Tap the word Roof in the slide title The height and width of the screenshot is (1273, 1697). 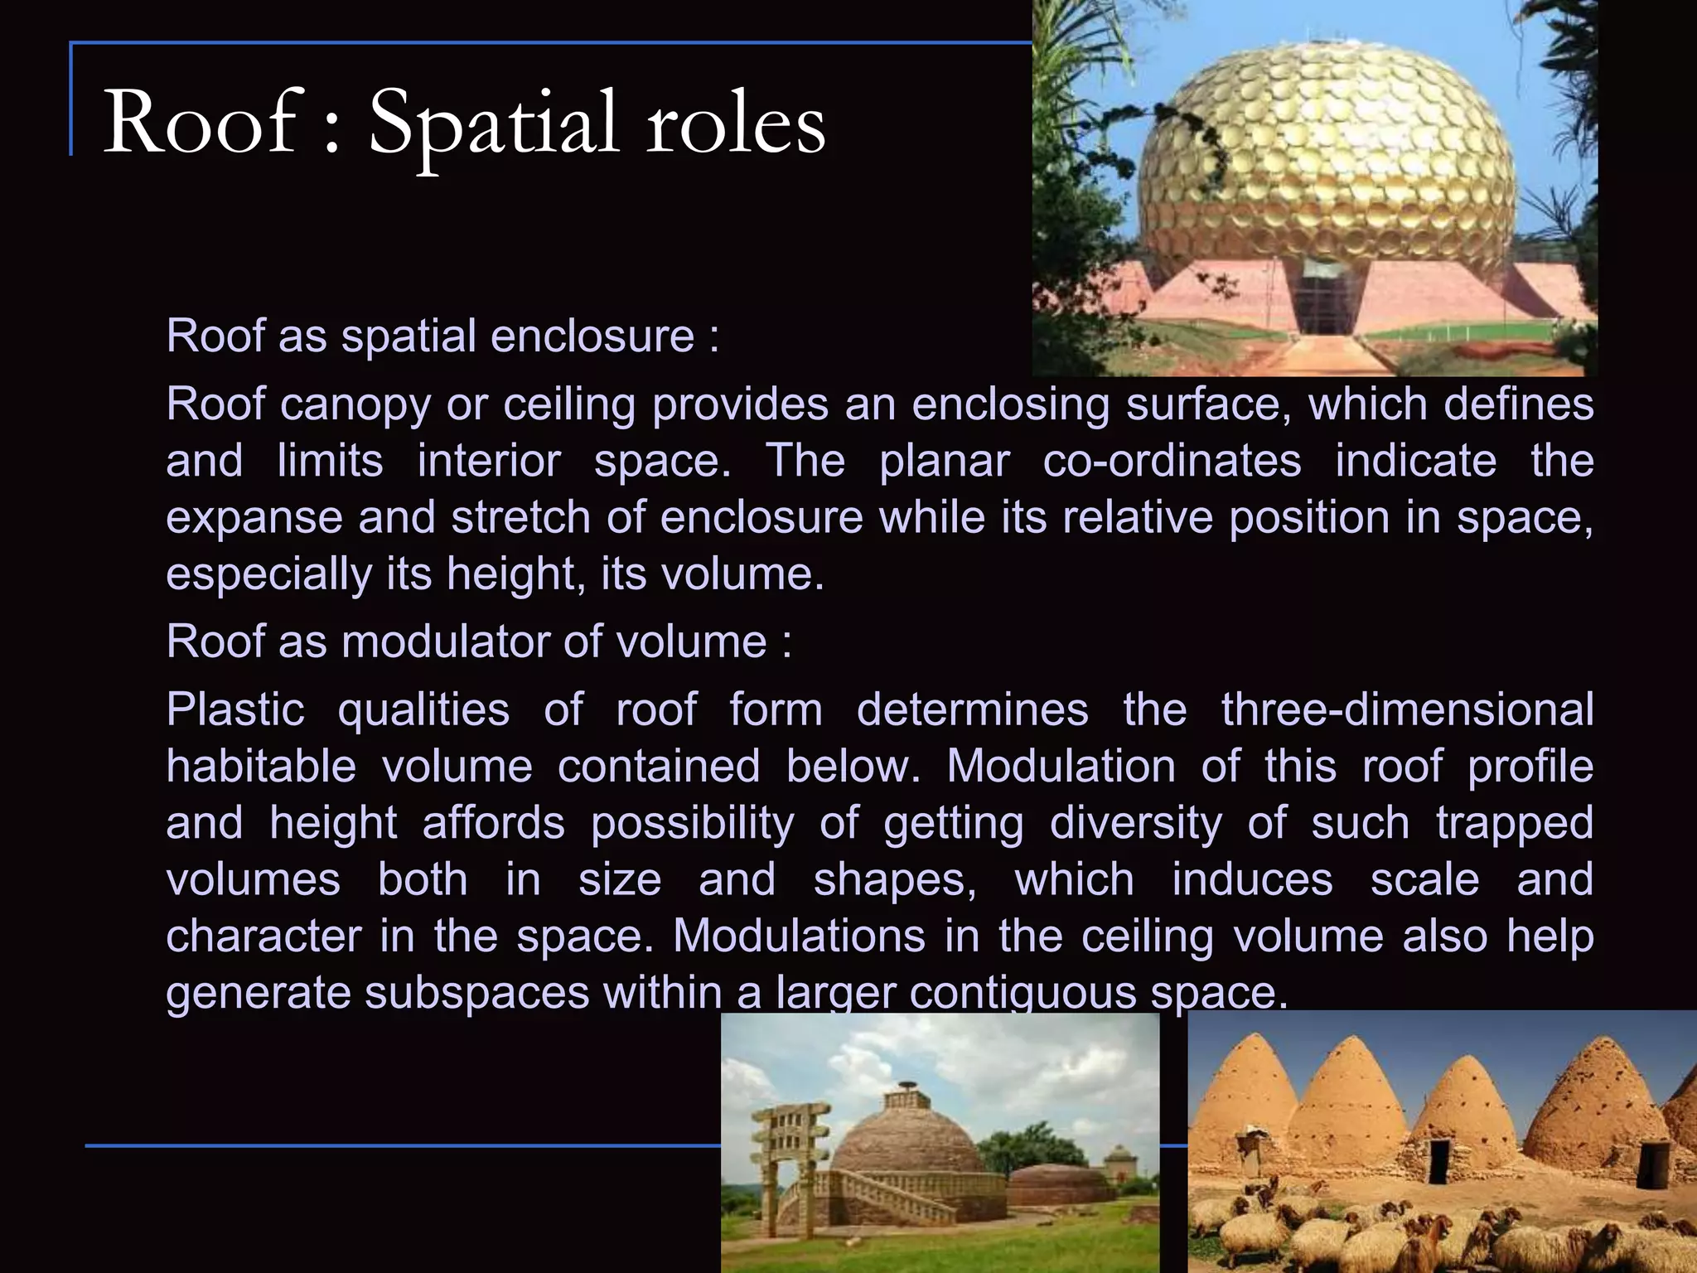(199, 124)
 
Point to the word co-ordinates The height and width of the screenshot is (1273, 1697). (1172, 461)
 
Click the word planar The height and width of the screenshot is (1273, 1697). (944, 462)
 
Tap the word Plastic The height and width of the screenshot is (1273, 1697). (235, 710)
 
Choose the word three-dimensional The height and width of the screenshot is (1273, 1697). (1407, 710)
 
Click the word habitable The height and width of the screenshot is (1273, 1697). (261, 767)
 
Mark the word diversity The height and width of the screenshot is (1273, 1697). (1135, 824)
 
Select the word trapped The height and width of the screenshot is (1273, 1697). (1515, 824)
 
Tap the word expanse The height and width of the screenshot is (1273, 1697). (254, 519)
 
